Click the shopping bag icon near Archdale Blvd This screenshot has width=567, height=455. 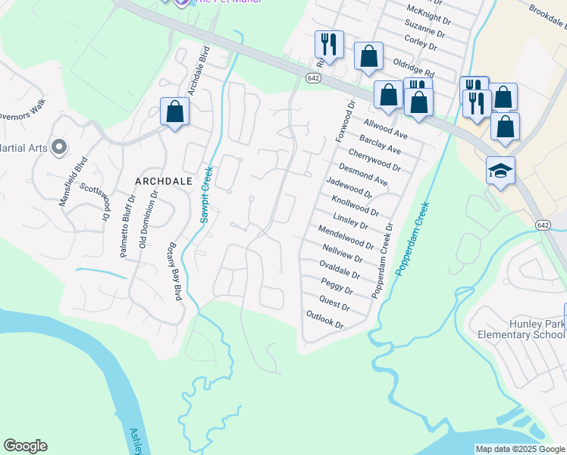[175, 111]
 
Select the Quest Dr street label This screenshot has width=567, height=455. [335, 303]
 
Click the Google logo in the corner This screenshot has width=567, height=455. [25, 446]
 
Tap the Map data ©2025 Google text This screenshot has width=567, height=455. [519, 449]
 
